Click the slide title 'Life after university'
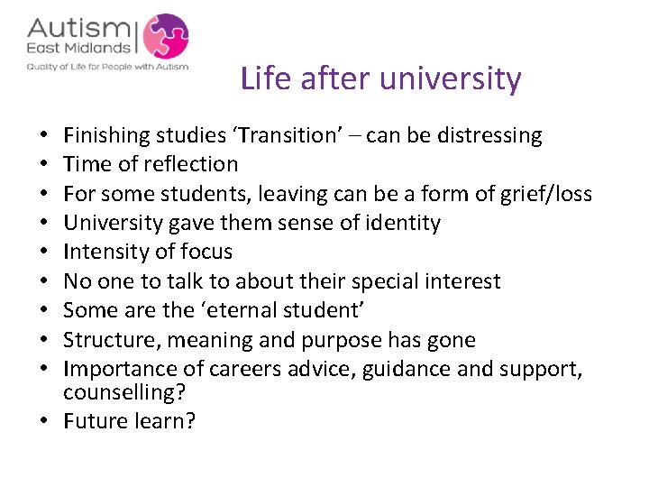click(380, 79)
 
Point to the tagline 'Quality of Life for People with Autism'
click(107, 66)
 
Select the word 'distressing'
click(489, 136)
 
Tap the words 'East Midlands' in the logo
click(78, 49)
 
